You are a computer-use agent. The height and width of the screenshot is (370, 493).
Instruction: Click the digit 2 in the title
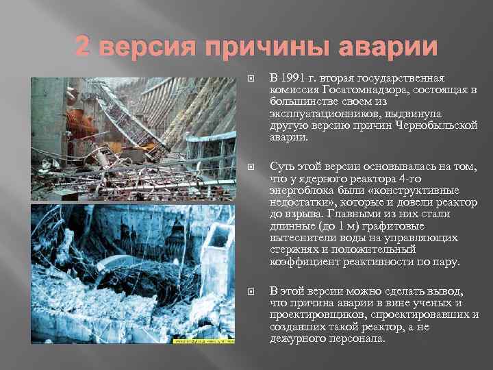81,47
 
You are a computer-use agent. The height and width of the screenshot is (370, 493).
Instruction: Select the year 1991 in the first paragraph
292,77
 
